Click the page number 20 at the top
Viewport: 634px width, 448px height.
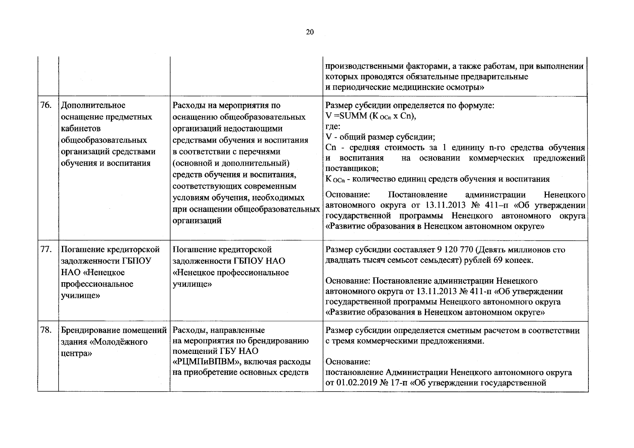310,32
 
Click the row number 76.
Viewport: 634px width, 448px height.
46,106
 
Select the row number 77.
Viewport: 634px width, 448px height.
46,249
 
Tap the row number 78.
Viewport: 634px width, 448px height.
46,330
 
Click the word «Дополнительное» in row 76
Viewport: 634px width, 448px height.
93,106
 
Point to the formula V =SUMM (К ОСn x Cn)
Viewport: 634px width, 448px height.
371,116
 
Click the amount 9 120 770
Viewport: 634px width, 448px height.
456,250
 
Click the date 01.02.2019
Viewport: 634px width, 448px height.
358,383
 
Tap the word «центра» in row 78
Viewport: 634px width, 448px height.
76,353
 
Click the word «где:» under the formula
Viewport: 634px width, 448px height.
333,127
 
